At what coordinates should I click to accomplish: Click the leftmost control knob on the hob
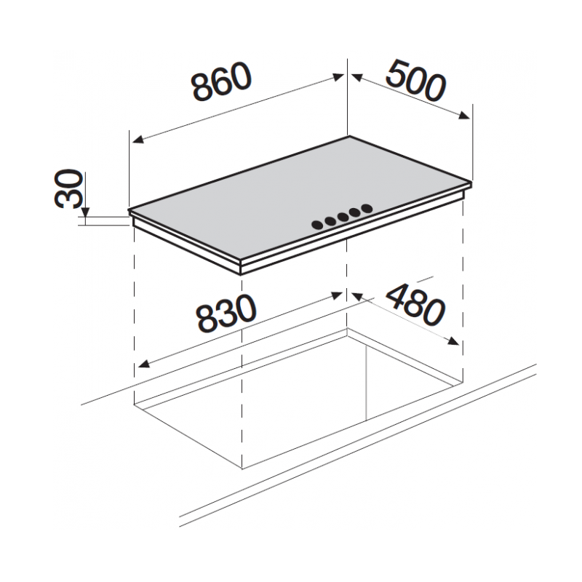coord(318,225)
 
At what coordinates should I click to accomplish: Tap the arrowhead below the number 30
coord(85,212)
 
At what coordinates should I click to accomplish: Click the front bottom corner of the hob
coord(241,273)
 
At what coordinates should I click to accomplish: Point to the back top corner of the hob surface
coord(348,136)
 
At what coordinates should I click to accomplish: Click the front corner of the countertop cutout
coord(241,468)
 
